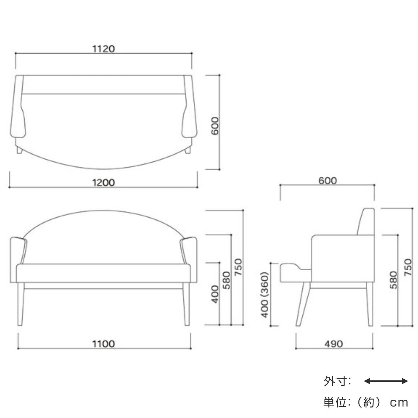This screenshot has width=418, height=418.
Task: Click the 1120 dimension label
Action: [x=103, y=49]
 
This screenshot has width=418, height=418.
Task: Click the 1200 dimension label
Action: [x=103, y=183]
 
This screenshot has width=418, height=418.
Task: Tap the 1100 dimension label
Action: [x=103, y=344]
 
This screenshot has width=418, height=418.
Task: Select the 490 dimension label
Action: [x=334, y=344]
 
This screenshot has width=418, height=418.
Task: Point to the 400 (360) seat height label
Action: [x=265, y=295]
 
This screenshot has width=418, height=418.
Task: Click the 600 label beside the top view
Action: [x=215, y=126]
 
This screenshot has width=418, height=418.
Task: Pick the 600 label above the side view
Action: [x=327, y=180]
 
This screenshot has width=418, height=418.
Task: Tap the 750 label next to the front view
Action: [x=238, y=267]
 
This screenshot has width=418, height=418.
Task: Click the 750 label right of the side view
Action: [x=408, y=267]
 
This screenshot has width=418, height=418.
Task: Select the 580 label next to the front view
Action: [x=226, y=280]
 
